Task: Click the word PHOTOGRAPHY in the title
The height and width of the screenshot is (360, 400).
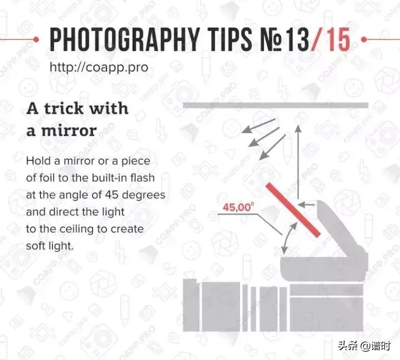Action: (124, 39)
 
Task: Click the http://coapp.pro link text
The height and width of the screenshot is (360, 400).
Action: (99, 68)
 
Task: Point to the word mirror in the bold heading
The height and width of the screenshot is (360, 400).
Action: (69, 131)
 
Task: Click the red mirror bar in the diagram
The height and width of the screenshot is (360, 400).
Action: (293, 210)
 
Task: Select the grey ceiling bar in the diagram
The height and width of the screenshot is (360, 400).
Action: (276, 105)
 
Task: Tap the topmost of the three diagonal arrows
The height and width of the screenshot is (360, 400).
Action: (258, 126)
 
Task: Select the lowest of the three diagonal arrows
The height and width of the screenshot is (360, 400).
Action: (272, 147)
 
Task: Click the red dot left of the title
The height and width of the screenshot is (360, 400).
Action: (36, 39)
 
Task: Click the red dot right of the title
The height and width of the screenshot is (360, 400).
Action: (364, 39)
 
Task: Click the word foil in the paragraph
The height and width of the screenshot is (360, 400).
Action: (47, 178)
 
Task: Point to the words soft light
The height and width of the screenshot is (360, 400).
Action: (50, 246)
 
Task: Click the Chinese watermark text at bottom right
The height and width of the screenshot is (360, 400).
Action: (364, 346)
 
